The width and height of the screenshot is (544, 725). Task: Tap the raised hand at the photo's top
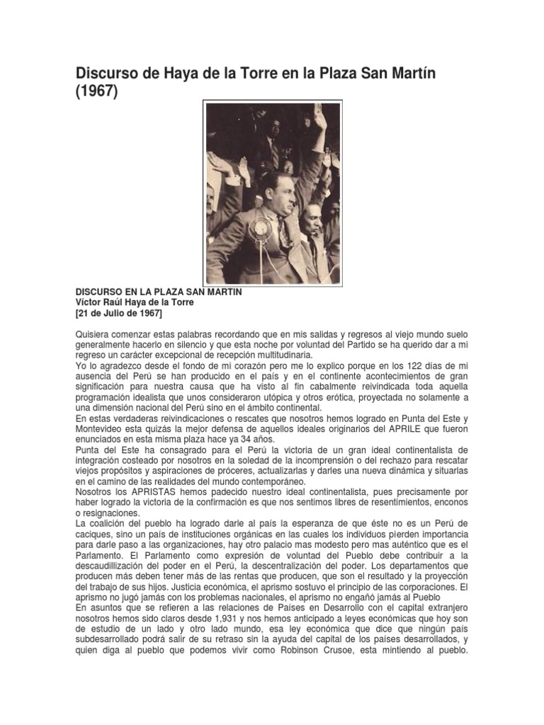tap(320, 118)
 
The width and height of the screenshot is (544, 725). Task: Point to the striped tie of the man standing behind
tap(274, 152)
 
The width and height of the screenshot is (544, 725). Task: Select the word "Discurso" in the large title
tap(108, 72)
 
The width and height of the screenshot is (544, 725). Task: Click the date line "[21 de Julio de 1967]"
tap(119, 313)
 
